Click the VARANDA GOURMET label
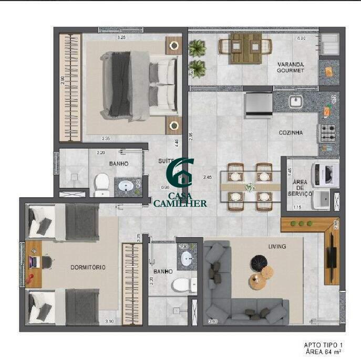click(x=291, y=68)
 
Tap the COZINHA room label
click(x=291, y=133)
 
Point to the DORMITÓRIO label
click(x=88, y=267)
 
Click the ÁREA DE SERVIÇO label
click(x=300, y=188)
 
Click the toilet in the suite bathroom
click(x=101, y=184)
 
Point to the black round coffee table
click(x=259, y=261)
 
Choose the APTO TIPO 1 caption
click(x=323, y=345)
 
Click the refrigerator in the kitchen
click(x=258, y=103)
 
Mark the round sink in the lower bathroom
click(x=187, y=258)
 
